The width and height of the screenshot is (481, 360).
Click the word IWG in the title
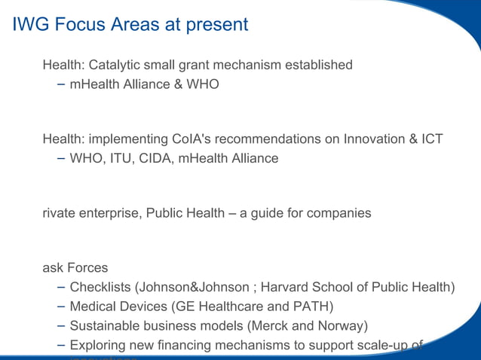[29, 25]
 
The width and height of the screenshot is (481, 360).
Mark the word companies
[339, 213]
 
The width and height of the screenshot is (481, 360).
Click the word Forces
[87, 268]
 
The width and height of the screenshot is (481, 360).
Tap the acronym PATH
[311, 307]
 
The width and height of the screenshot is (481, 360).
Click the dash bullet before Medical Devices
[60, 307]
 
